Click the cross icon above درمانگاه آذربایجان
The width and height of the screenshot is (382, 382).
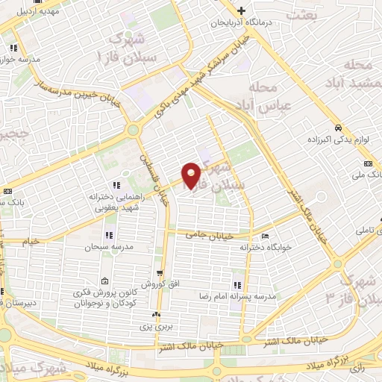[242, 11]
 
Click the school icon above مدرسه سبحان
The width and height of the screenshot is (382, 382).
[110, 236]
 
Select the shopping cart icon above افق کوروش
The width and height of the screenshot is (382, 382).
[159, 274]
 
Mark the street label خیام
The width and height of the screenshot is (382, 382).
[30, 242]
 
